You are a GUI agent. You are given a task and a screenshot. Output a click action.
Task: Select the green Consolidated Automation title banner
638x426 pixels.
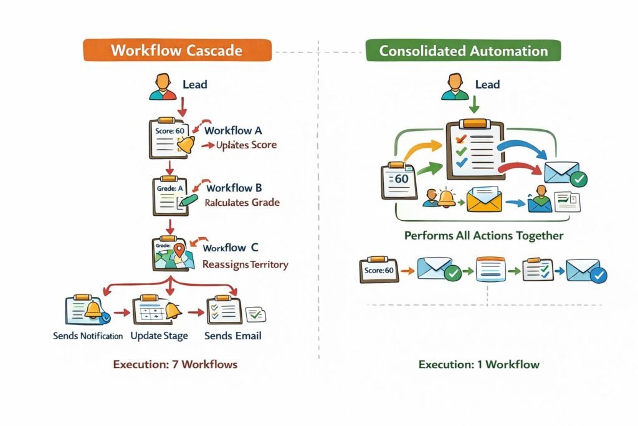pos(463,51)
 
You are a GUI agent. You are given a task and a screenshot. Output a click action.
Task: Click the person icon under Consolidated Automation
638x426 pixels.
pos(454,87)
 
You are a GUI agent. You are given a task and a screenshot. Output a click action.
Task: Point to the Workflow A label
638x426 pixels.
pos(232,131)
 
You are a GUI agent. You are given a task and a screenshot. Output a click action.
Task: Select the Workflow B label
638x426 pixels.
pos(234,188)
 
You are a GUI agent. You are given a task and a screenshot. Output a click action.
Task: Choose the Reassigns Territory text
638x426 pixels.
pos(245,264)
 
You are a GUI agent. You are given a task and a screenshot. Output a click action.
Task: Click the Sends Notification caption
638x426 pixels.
pos(87,336)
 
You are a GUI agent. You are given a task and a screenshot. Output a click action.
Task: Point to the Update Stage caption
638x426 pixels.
pos(159,336)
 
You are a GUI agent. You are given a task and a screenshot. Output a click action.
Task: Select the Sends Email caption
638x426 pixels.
pos(233,336)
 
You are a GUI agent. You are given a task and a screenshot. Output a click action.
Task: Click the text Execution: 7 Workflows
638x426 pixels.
pos(175,364)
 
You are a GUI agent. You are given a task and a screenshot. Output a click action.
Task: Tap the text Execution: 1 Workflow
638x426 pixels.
pos(478,364)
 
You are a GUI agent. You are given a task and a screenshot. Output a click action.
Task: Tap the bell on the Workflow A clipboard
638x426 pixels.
pos(186,145)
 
